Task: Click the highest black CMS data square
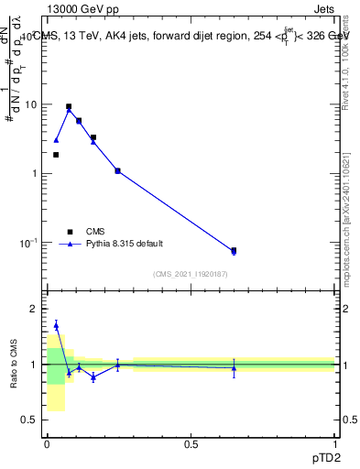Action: (69, 106)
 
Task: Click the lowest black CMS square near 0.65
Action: (234, 250)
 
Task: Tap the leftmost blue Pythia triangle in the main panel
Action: (56, 140)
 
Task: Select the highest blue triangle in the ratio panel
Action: (56, 325)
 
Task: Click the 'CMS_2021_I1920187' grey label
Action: (190, 273)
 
